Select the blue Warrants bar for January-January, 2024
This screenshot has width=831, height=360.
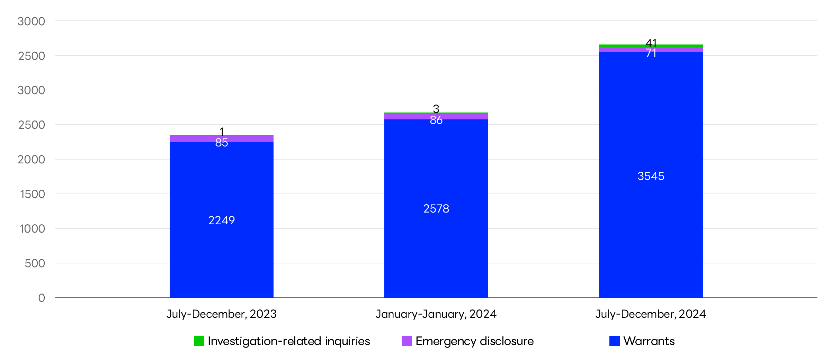436,249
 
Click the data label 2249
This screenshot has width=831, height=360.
222,220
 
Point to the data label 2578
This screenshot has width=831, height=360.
436,209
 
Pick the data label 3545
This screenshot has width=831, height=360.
651,176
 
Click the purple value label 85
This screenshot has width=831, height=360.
222,143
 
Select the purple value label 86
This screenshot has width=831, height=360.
436,120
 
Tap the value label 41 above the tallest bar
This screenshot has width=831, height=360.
651,43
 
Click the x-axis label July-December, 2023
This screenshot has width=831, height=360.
222,314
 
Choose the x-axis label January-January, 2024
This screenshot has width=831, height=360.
436,314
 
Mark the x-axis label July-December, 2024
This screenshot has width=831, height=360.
651,314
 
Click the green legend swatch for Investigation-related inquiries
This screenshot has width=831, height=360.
199,341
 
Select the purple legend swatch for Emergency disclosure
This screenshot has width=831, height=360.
407,341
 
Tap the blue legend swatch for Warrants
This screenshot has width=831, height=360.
615,341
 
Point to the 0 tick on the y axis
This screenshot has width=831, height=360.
42,298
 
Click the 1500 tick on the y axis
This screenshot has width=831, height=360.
33,194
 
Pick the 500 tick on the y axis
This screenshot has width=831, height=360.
35,263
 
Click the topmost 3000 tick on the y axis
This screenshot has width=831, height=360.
31,21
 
